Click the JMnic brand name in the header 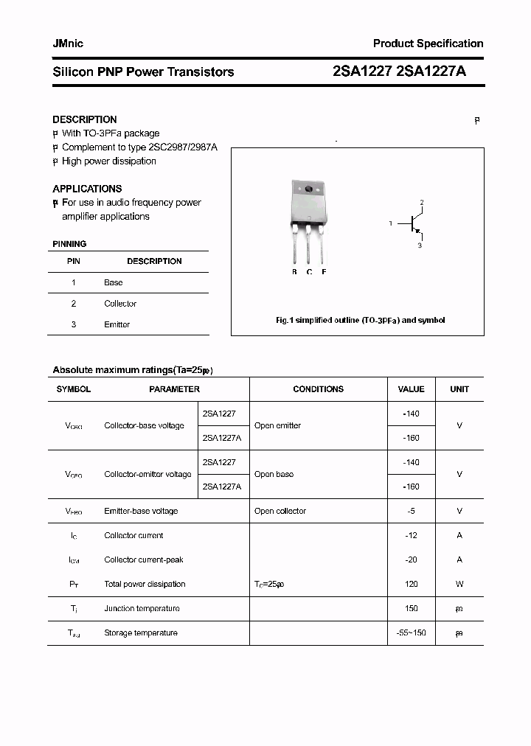pyautogui.click(x=68, y=43)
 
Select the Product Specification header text pyautogui.click(x=428, y=43)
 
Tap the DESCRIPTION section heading pyautogui.click(x=84, y=119)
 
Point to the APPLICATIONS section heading pyautogui.click(x=87, y=189)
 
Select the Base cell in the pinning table pyautogui.click(x=114, y=282)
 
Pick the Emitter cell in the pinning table pyautogui.click(x=117, y=324)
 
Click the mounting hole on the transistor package pyautogui.click(x=308, y=189)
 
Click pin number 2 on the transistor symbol pyautogui.click(x=422, y=202)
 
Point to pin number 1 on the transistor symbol pyautogui.click(x=391, y=223)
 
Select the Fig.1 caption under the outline pyautogui.click(x=360, y=321)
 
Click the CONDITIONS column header pyautogui.click(x=318, y=389)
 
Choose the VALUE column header pyautogui.click(x=411, y=389)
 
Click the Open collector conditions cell pyautogui.click(x=280, y=511)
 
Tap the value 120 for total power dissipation pyautogui.click(x=411, y=584)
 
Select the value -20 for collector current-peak pyautogui.click(x=411, y=559)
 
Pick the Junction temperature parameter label pyautogui.click(x=142, y=608)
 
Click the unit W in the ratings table pyautogui.click(x=459, y=584)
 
